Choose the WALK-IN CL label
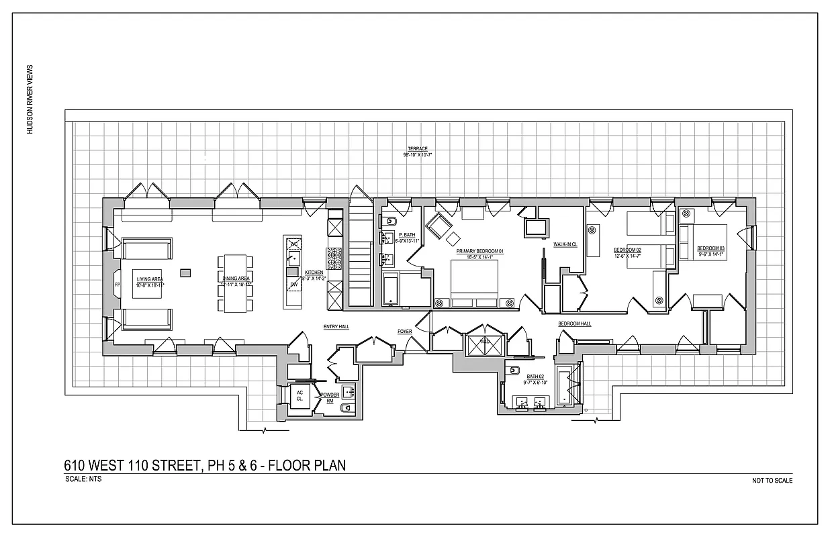(565, 244)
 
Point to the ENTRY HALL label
(336, 326)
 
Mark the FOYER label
(404, 331)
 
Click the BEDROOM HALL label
(575, 324)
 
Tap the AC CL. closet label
(299, 395)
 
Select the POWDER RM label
(330, 397)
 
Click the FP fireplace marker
(118, 285)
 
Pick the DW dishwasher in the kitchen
(293, 285)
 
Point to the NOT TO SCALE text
(773, 481)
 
